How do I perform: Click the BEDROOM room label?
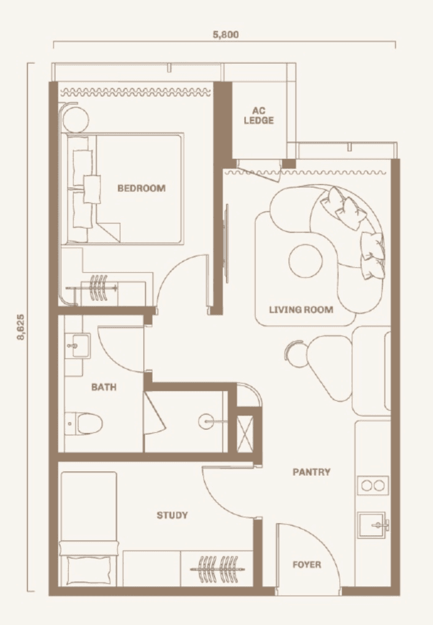pos(142,188)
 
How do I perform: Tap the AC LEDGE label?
pos(259,115)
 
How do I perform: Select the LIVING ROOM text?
pos(301,309)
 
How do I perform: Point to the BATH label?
pos(104,387)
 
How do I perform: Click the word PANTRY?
pos(312,472)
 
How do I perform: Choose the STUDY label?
pos(172,515)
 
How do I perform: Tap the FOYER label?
pos(307,564)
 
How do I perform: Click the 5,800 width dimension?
pos(226,34)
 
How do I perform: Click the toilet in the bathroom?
pos(84,423)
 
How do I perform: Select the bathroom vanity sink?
pos(78,346)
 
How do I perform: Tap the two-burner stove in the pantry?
pos(373,486)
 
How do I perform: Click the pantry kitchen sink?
pos(372,525)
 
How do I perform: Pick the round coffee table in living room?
pos(305,262)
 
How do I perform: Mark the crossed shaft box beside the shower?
pos(245,433)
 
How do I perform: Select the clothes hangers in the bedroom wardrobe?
pos(99,287)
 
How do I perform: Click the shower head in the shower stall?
pos(206,421)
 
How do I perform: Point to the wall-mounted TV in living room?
pos(227,244)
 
